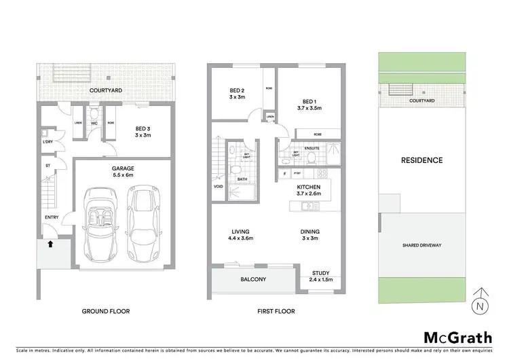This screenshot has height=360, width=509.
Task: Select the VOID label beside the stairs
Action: pos(218,186)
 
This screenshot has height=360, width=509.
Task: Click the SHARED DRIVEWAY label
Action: pos(422,245)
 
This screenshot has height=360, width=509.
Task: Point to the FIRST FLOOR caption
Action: pos(276,311)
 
